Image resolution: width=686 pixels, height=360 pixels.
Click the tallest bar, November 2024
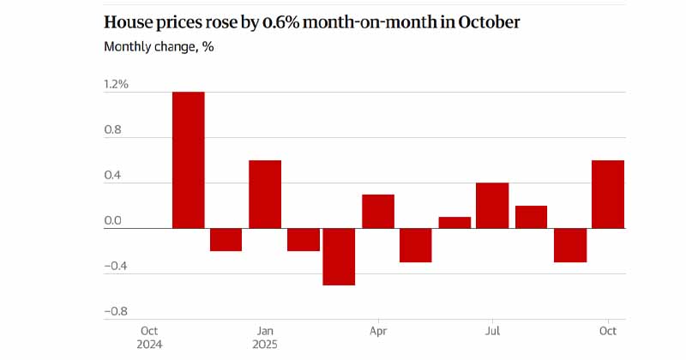189,160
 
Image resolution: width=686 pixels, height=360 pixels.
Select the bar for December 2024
226,240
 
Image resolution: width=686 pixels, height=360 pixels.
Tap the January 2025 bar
265,195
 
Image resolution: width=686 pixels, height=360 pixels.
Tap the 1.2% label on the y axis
116,84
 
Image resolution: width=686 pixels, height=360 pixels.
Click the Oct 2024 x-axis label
149,338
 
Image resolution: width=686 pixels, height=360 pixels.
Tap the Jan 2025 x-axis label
265,338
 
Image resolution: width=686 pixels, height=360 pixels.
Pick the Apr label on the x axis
377,331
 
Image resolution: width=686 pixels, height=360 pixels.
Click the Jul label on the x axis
493,331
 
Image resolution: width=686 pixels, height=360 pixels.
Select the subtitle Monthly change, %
159,46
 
